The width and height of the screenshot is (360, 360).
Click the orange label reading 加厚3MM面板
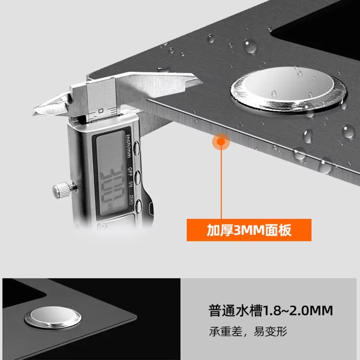[249, 230]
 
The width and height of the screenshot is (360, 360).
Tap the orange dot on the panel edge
[220, 142]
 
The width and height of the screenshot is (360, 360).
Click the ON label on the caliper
[130, 184]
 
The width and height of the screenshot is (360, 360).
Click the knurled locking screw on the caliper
[60, 191]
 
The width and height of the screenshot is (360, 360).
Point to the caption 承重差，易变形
[248, 333]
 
